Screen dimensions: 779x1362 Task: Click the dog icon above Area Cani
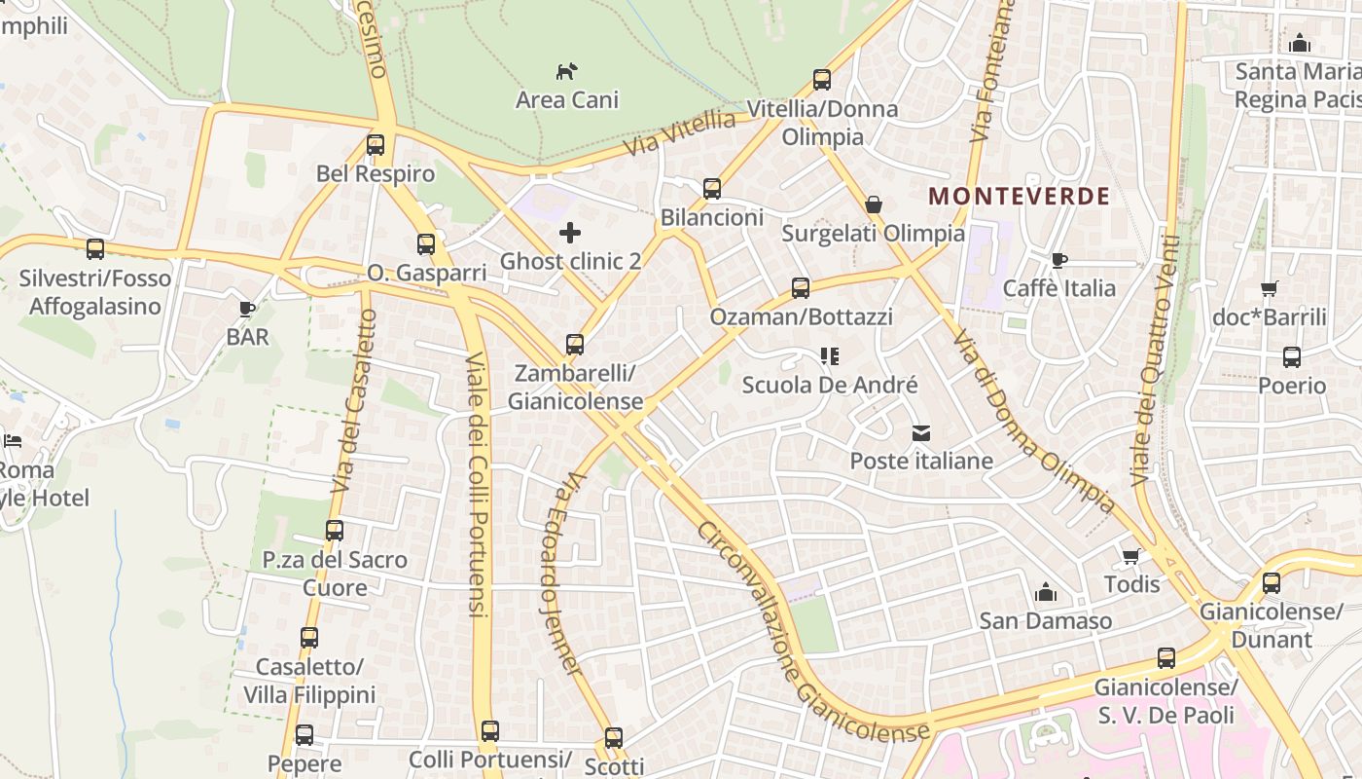[x=566, y=71]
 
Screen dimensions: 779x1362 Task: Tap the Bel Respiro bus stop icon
[x=376, y=146]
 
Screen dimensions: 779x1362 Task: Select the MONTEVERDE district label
[x=1019, y=196]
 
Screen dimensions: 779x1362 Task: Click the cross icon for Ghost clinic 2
[x=570, y=233]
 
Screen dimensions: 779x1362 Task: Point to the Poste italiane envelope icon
[x=920, y=432]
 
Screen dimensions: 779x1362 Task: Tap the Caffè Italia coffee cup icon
[x=1058, y=260]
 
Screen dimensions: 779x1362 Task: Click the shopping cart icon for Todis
[x=1131, y=556]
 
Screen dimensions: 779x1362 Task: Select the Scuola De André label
[x=830, y=385]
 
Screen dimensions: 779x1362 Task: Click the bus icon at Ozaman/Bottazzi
[x=801, y=288]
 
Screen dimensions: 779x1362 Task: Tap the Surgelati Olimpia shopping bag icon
[x=874, y=205]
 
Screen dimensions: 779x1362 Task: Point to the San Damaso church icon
[x=1046, y=592]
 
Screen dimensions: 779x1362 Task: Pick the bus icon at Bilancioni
[x=712, y=189]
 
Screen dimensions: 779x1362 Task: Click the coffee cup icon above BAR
[x=247, y=309]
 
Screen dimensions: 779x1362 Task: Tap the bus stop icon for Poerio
[x=1292, y=357]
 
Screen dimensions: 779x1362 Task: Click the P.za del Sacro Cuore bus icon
[x=335, y=531]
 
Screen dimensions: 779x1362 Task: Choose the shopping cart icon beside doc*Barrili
[x=1269, y=288]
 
